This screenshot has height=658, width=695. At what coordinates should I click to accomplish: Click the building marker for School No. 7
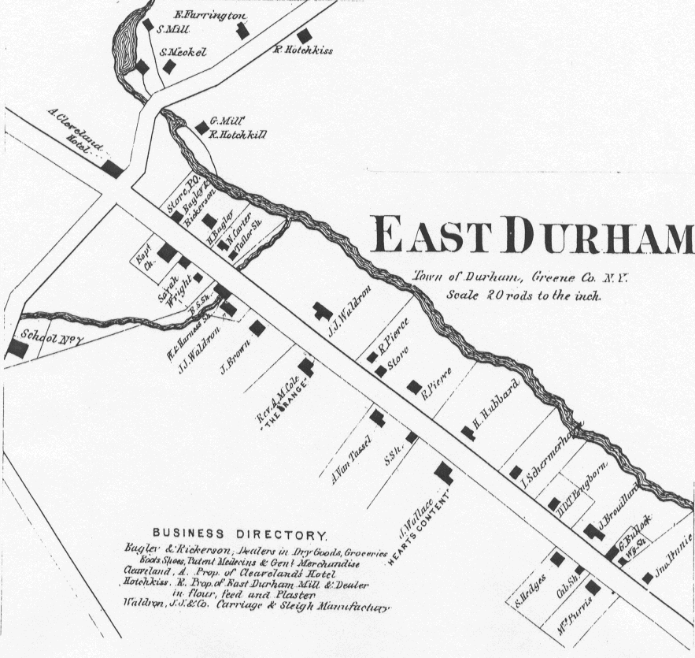point(16,349)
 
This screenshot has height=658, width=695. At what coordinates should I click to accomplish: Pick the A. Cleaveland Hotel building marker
point(112,169)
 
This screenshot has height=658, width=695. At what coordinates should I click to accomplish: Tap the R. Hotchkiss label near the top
point(303,50)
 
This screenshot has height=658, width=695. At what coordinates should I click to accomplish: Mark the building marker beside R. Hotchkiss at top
point(304,36)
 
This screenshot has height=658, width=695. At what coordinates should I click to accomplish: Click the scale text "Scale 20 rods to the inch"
point(523,297)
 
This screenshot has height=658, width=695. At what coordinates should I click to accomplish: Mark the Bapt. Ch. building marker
point(167,253)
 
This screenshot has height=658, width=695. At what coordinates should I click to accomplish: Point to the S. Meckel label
point(183,52)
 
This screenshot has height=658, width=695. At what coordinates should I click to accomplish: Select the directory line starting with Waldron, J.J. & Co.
point(256,608)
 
